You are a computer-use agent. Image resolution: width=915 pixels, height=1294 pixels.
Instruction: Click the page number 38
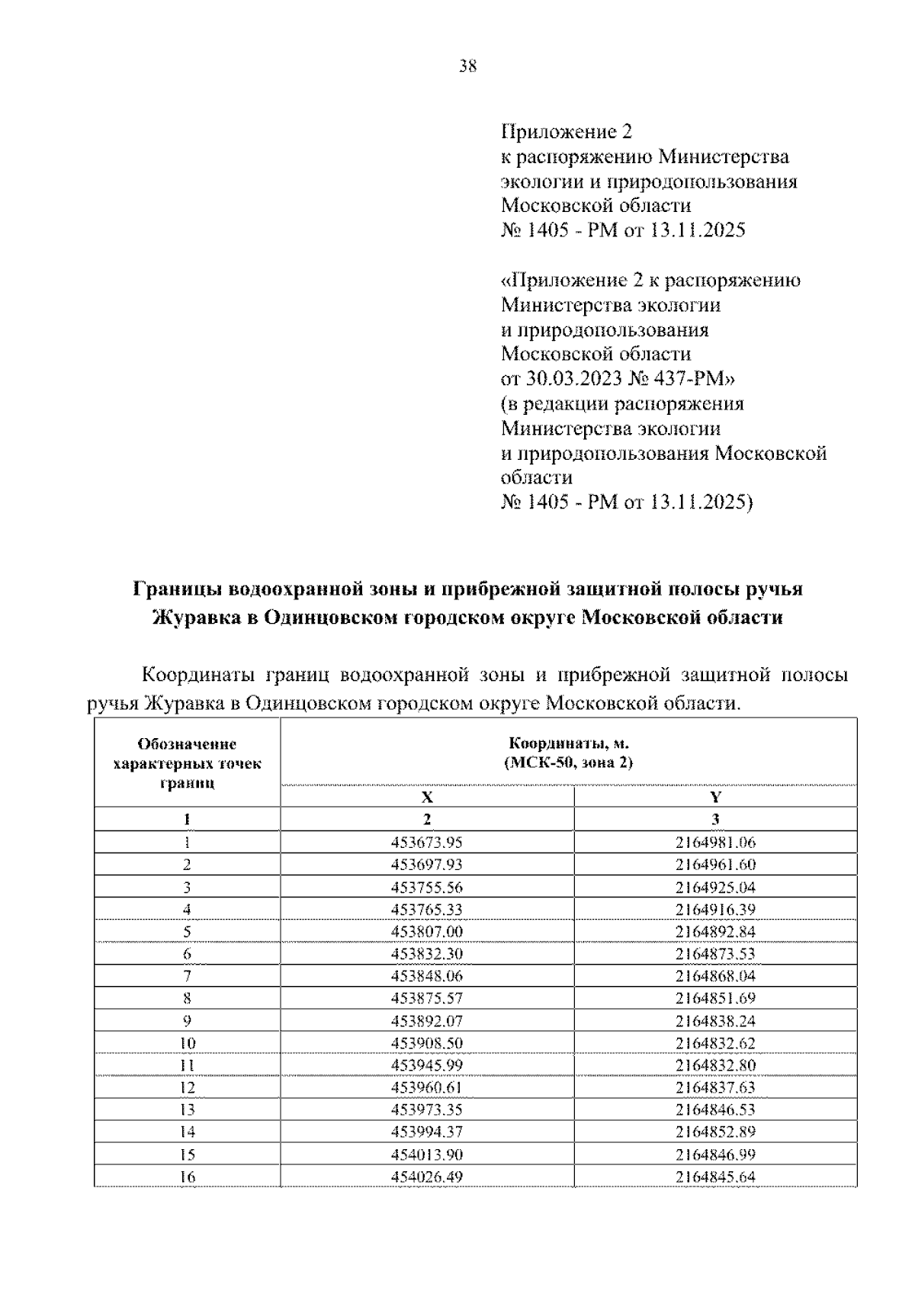point(467,66)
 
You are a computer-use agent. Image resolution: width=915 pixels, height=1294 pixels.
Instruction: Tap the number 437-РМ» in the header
point(699,378)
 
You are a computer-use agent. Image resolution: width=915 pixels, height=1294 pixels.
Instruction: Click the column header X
point(427,798)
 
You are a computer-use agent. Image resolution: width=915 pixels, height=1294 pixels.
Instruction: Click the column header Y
point(715,798)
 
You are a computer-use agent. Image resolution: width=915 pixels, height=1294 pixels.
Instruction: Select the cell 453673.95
point(427,843)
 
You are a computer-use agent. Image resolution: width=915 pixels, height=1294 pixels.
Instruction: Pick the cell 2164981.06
point(715,843)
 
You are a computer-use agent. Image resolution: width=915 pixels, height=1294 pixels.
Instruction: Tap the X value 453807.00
point(427,932)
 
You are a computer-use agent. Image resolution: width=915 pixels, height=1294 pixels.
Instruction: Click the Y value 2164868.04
point(715,976)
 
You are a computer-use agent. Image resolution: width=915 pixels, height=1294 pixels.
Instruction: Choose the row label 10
point(188,1043)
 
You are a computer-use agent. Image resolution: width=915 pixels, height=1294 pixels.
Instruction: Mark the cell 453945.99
point(427,1065)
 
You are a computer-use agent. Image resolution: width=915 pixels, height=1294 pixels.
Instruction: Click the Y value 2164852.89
point(715,1132)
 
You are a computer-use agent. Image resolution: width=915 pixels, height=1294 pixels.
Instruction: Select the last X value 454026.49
point(427,1177)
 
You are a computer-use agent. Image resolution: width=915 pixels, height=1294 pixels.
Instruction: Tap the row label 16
point(188,1177)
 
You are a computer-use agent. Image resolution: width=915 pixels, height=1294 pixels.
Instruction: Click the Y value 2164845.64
point(715,1177)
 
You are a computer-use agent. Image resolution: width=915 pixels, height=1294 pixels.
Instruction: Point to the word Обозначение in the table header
point(187,744)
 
